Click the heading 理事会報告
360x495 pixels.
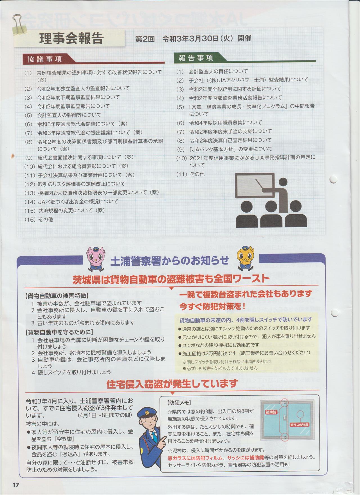(x=71, y=39)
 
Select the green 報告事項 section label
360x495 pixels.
(x=196, y=58)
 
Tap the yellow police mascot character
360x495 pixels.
(x=246, y=257)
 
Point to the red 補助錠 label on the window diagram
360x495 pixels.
(x=271, y=412)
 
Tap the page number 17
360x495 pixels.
(x=15, y=484)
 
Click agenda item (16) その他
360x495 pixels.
(x=39, y=219)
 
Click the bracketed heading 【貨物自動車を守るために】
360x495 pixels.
(x=59, y=332)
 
